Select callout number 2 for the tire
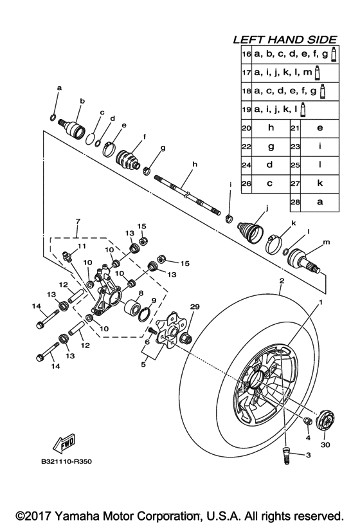click(281, 281)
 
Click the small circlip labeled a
click(55, 116)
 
